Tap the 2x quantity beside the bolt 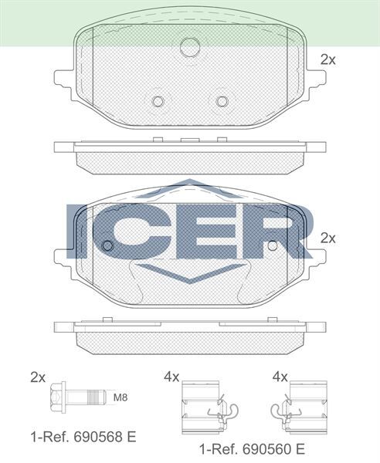pos(38,377)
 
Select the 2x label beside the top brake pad pos(327,59)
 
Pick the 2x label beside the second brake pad pos(327,238)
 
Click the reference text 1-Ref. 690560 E pos(251,448)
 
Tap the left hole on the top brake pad pos(158,101)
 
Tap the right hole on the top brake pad pos(222,101)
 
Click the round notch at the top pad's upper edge pos(189,48)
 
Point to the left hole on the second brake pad pos(107,245)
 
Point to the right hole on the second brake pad pos(273,245)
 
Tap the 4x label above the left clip pos(171,377)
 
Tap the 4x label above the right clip pos(280,377)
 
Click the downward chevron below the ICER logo pos(189,275)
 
